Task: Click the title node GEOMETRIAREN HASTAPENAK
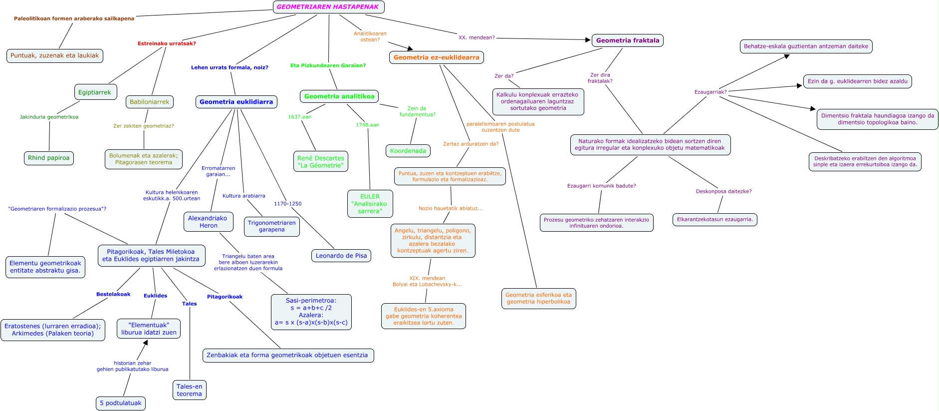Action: pos(328,7)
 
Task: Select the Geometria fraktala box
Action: pos(627,40)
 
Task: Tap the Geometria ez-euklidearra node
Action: pos(436,57)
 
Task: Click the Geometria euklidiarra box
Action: pos(236,102)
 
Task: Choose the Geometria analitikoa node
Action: pos(339,96)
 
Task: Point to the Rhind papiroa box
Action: pos(48,158)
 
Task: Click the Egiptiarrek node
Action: pos(95,92)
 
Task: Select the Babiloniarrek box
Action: pos(149,102)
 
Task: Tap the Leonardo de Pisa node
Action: pos(341,256)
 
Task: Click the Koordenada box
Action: pos(408,151)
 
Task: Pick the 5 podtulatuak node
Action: pos(120,403)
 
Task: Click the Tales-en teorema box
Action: pos(189,390)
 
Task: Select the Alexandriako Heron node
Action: pos(208,222)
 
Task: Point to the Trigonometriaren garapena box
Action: pos(271,226)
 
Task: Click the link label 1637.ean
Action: pos(299,117)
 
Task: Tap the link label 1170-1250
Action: pos(287,204)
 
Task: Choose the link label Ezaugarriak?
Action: pos(710,92)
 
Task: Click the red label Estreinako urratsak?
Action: pos(167,43)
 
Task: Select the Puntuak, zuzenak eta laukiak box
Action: pos(54,55)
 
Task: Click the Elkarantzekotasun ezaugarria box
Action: pos(714,219)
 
